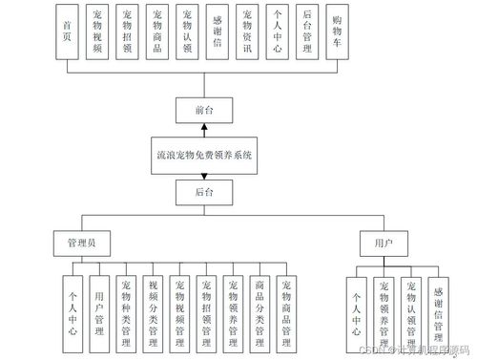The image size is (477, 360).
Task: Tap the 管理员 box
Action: (79, 242)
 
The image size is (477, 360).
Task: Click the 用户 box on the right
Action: (371, 242)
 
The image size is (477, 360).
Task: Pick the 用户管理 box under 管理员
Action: (99, 307)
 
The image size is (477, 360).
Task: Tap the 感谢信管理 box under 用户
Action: (438, 307)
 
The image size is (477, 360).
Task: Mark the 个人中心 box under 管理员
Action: (73, 307)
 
